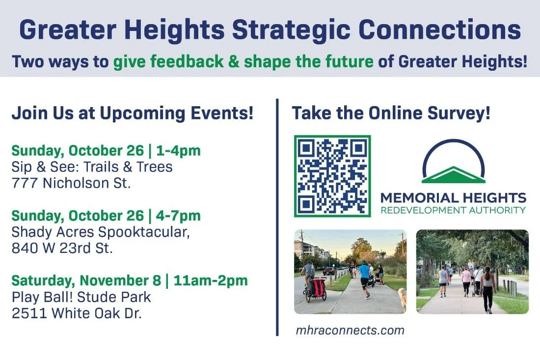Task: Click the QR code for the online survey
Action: pyautogui.click(x=332, y=176)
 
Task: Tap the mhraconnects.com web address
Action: pyautogui.click(x=350, y=330)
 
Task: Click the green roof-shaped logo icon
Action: pyautogui.click(x=453, y=174)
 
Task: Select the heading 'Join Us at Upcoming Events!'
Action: pyautogui.click(x=132, y=114)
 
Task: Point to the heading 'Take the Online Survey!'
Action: pyautogui.click(x=391, y=114)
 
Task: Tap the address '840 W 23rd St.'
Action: pyautogui.click(x=62, y=248)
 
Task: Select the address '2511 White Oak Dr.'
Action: pyautogui.click(x=77, y=313)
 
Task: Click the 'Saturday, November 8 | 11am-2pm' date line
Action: pyautogui.click(x=130, y=281)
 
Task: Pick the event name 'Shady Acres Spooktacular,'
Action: pyautogui.click(x=100, y=232)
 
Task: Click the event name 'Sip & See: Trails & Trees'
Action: pyautogui.click(x=92, y=166)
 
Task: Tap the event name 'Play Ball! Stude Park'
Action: pyautogui.click(x=81, y=297)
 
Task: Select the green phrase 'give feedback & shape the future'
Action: pyautogui.click(x=243, y=62)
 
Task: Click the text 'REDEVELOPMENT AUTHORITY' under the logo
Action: pyautogui.click(x=453, y=210)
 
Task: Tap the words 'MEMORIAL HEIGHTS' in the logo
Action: pyautogui.click(x=453, y=198)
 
